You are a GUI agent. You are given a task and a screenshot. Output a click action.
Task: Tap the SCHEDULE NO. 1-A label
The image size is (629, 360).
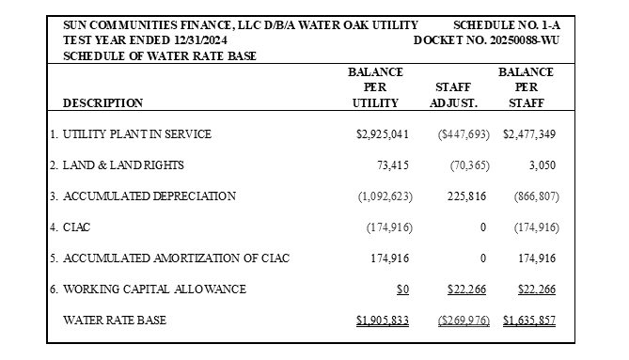tap(507, 25)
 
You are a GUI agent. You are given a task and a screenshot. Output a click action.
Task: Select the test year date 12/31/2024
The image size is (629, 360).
tap(200, 40)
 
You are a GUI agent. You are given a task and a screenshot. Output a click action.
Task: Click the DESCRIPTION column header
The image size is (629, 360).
tap(102, 103)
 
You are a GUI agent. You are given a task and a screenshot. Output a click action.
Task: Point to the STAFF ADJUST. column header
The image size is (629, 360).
tap(453, 95)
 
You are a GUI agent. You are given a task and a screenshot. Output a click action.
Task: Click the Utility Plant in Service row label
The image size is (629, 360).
tap(136, 133)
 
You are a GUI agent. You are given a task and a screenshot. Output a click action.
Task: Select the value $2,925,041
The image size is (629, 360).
tap(383, 133)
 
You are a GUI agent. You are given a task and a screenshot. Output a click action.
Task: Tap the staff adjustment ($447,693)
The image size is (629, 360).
tap(464, 134)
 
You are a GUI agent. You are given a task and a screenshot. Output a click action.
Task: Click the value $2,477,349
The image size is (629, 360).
tap(529, 133)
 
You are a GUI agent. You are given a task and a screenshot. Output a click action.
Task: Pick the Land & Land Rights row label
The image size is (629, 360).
tap(123, 165)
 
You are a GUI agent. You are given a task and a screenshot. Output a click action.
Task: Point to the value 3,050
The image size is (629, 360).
tap(543, 165)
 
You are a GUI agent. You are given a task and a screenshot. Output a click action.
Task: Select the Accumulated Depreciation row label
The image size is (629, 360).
tap(149, 196)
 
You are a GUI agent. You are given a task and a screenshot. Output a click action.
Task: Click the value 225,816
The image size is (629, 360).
tap(466, 196)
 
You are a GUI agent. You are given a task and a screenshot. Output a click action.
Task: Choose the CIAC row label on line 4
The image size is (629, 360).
tap(76, 227)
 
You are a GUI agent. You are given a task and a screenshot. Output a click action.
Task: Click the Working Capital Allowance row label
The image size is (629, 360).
tap(154, 290)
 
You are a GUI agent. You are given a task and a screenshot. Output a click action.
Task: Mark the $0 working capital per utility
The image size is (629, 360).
tap(402, 290)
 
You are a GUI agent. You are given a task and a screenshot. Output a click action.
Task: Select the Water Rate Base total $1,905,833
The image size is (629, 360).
tap(383, 321)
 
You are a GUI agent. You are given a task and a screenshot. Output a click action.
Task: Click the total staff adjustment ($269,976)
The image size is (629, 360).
tap(464, 321)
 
